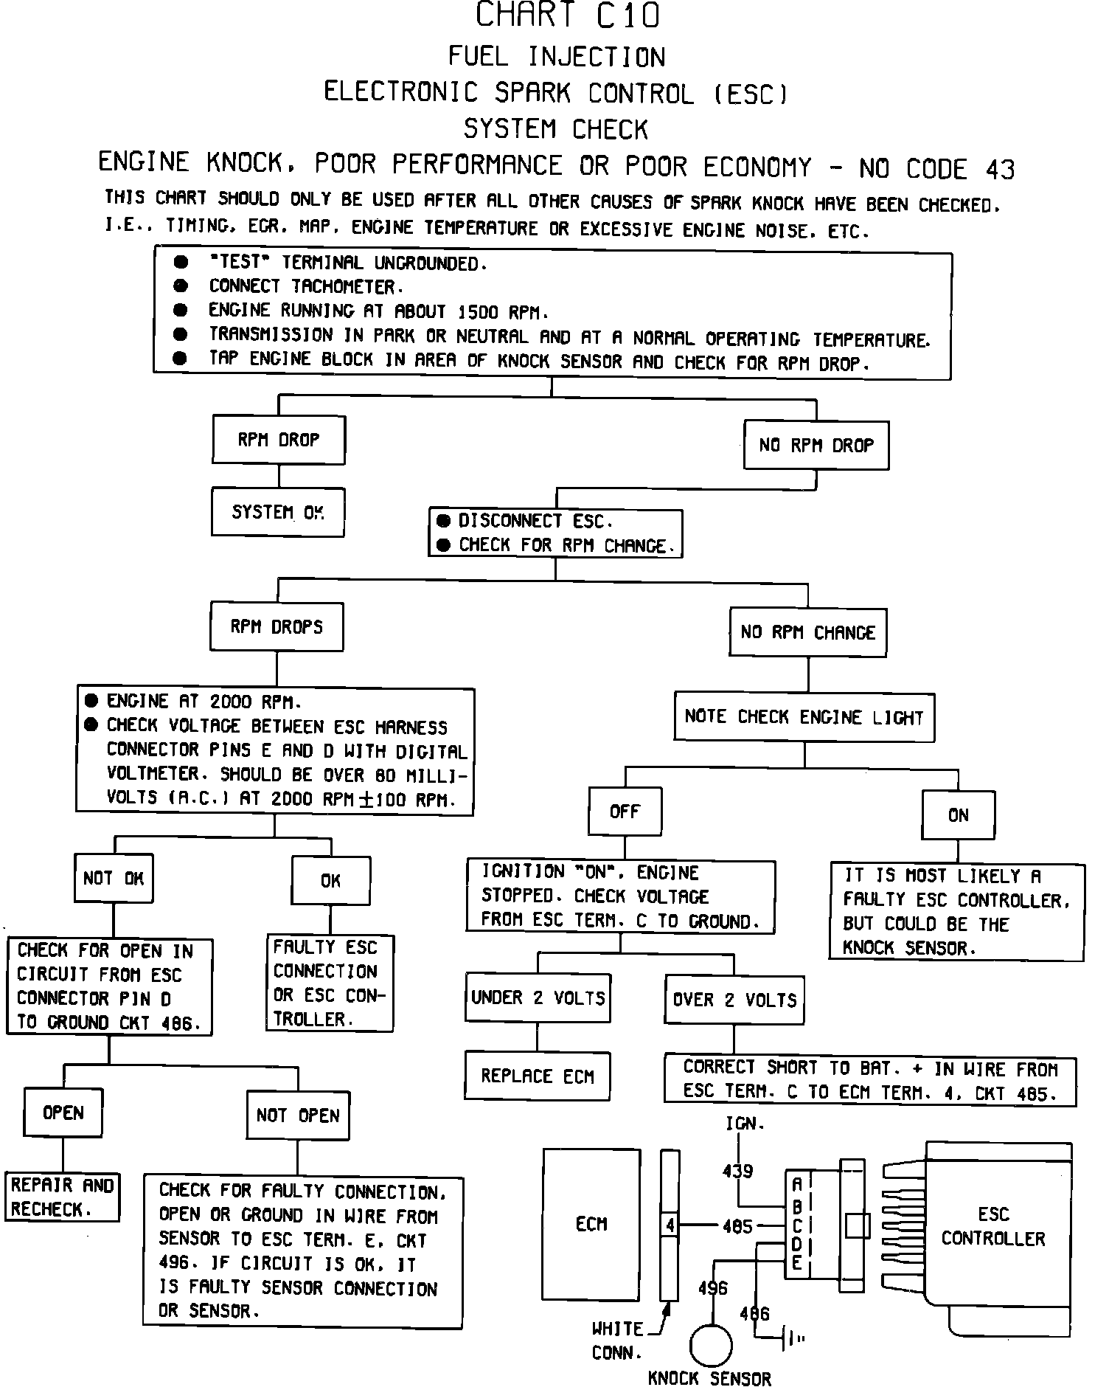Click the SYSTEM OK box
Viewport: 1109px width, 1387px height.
point(278,512)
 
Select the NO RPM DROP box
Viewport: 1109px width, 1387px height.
point(816,446)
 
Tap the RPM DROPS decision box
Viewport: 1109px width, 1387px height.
point(277,627)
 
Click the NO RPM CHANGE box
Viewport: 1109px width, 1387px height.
point(808,633)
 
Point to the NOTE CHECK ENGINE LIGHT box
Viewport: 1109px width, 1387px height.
point(804,717)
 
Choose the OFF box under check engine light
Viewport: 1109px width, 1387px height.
point(625,812)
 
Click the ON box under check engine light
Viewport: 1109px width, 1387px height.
point(958,815)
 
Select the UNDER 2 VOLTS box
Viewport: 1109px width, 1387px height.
point(538,998)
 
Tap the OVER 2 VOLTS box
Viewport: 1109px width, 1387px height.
point(734,1000)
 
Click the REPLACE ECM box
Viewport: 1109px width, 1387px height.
point(538,1076)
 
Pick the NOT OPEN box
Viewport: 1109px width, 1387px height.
point(298,1116)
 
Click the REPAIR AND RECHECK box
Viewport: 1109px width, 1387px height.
point(62,1197)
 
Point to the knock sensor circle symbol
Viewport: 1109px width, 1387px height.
point(711,1345)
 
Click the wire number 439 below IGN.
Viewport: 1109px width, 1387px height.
point(738,1171)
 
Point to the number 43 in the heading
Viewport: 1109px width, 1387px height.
point(1000,170)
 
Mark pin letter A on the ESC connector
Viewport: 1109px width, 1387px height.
point(796,1185)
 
